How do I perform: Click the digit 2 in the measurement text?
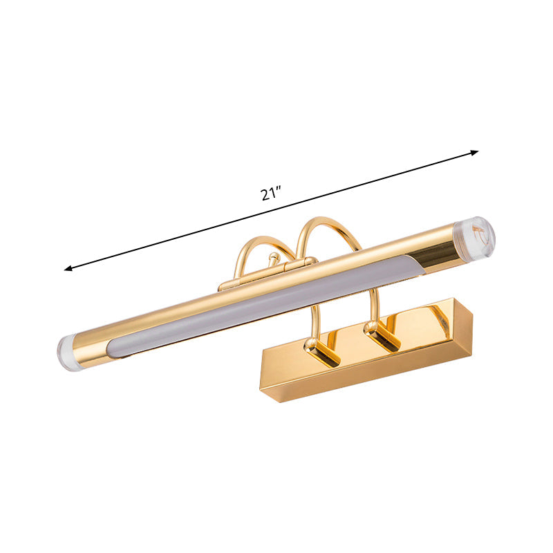[x=265, y=194]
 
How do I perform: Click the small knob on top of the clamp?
[x=273, y=259]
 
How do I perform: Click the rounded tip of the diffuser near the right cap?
[x=418, y=266]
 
